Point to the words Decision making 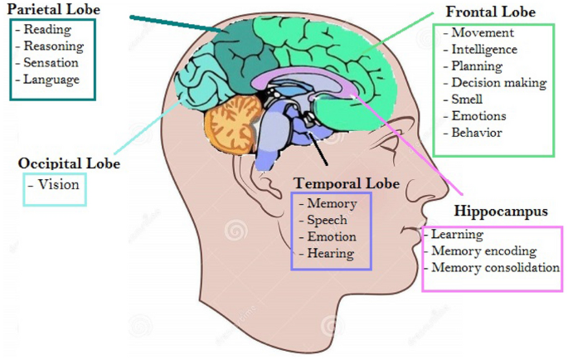pos(498,83)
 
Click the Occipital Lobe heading pos(69,163)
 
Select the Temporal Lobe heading pos(347,183)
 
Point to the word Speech pos(327,220)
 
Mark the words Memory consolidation pos(495,268)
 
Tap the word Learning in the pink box pos(457,235)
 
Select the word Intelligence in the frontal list pos(484,50)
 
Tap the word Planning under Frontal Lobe pos(477,66)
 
